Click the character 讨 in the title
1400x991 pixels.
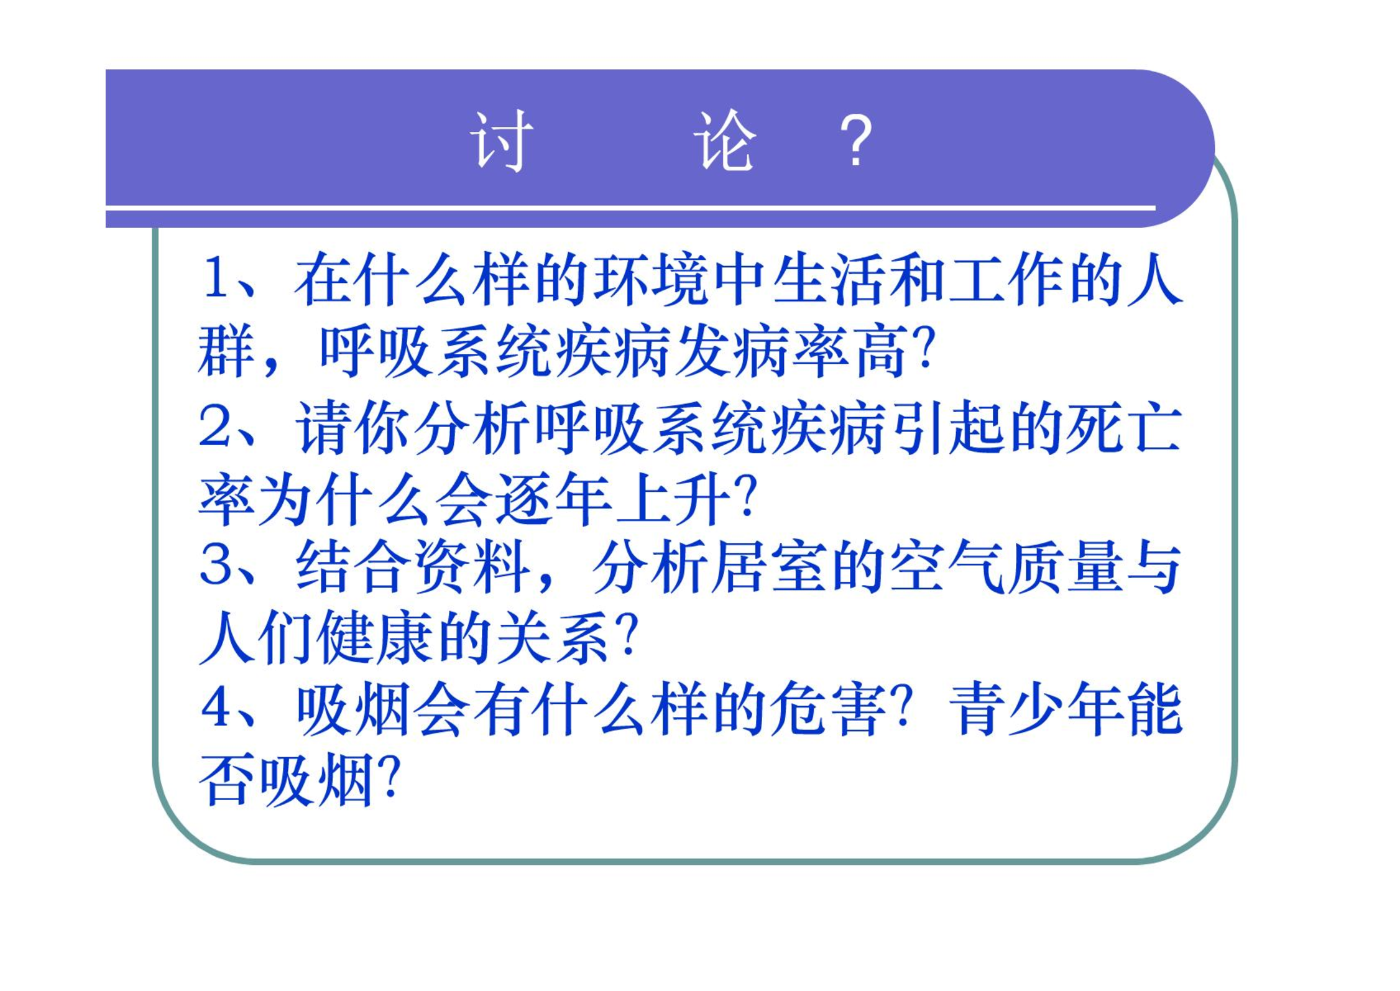point(502,141)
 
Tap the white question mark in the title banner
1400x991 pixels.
point(856,141)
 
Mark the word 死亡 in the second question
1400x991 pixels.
point(1123,428)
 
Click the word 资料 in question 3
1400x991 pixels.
point(472,565)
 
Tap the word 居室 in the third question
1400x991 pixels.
point(769,565)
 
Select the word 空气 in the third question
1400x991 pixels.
point(947,565)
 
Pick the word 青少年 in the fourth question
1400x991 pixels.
point(1035,709)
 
